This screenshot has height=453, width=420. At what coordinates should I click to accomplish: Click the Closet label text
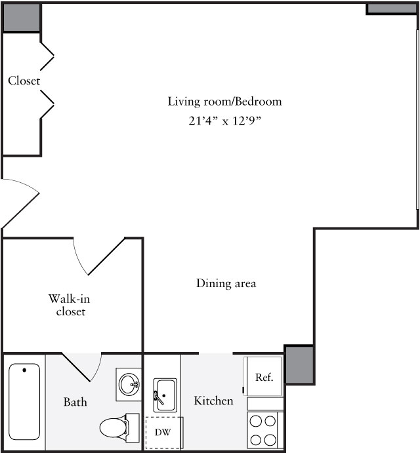click(24, 81)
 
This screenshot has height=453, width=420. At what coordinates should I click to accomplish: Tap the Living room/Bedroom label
click(224, 102)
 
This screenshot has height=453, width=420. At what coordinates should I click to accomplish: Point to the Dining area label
click(226, 283)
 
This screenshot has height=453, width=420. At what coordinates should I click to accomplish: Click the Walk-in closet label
click(69, 305)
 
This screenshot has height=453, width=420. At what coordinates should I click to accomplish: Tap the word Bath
click(75, 401)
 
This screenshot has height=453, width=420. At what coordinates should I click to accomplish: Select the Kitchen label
click(213, 400)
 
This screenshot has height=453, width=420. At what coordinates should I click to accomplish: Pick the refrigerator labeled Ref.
click(264, 377)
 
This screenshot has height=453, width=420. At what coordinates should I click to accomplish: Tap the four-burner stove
click(264, 431)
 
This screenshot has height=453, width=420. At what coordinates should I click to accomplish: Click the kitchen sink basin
click(165, 395)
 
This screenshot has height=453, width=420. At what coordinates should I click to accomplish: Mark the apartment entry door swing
click(20, 201)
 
